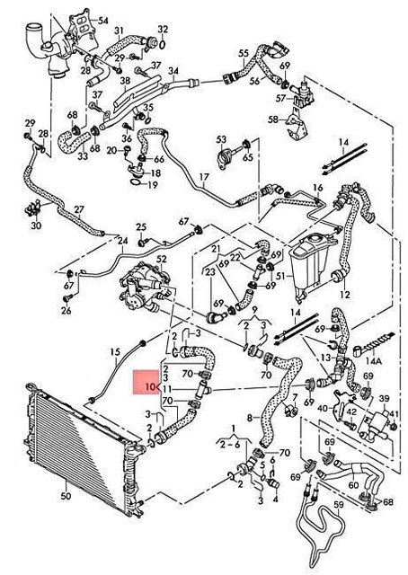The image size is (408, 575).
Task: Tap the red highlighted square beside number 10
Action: point(146,383)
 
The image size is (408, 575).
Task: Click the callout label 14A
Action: point(374,361)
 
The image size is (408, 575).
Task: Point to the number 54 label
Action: point(103,20)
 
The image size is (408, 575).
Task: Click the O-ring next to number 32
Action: point(163,44)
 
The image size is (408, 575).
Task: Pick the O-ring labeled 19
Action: point(136,181)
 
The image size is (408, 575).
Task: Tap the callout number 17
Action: point(204,178)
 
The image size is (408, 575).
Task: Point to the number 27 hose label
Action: point(79,209)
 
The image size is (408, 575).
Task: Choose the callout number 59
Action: point(339,505)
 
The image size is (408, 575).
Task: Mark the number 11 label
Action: point(167,389)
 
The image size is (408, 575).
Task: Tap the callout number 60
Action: point(353,485)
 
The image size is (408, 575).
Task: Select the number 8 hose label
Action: point(250,418)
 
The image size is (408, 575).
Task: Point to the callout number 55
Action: point(244,54)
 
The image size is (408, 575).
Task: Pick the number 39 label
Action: point(384,399)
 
